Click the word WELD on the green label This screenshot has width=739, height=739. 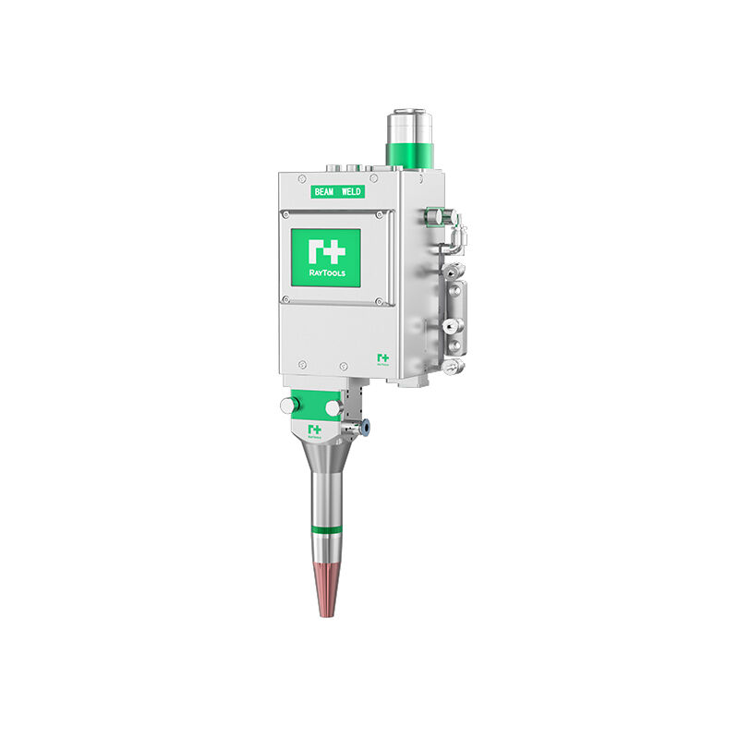click(x=351, y=191)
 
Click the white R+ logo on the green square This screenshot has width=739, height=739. click(x=325, y=250)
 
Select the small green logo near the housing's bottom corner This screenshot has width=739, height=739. click(x=382, y=358)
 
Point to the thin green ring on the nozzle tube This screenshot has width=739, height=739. click(x=326, y=530)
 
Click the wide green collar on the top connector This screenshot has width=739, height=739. click(x=407, y=152)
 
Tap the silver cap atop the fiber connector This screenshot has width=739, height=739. click(x=407, y=123)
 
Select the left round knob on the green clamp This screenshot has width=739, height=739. click(x=289, y=405)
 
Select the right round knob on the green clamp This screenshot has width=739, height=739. click(x=333, y=406)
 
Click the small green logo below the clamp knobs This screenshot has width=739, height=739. click(x=314, y=430)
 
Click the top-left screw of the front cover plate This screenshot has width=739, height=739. click(x=285, y=215)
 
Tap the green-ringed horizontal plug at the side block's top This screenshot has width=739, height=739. click(x=434, y=216)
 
